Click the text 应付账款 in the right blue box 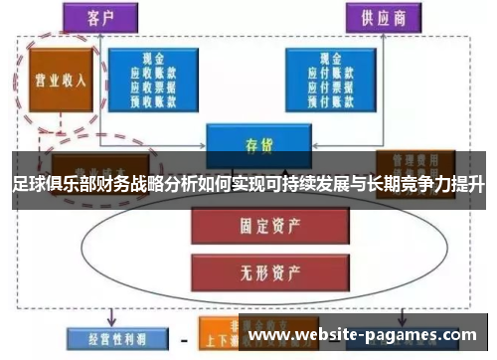(x=328, y=72)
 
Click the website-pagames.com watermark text (x=363, y=336)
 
